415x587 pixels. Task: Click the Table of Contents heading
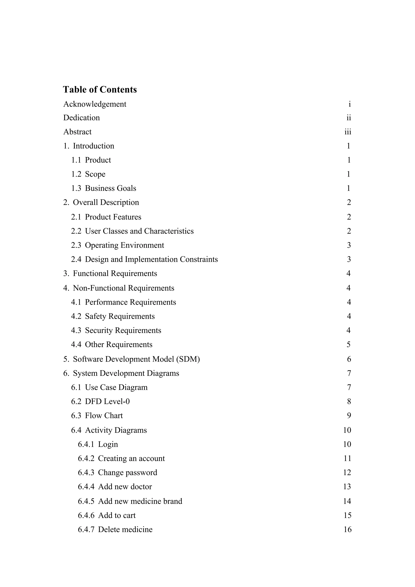[x=100, y=90]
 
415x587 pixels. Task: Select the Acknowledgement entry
[x=95, y=104]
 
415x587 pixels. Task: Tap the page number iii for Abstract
[x=348, y=132]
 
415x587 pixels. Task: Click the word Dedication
[x=81, y=118]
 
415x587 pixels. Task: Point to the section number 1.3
[x=76, y=188]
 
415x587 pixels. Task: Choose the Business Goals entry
[x=110, y=188]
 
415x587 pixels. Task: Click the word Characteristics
[x=169, y=231]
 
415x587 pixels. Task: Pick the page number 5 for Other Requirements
[x=349, y=345]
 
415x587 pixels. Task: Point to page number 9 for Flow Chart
[x=349, y=415]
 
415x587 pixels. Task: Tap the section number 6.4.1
[x=86, y=444]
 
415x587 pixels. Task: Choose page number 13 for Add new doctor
[x=347, y=486]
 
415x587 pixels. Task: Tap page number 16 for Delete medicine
[x=347, y=529]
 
